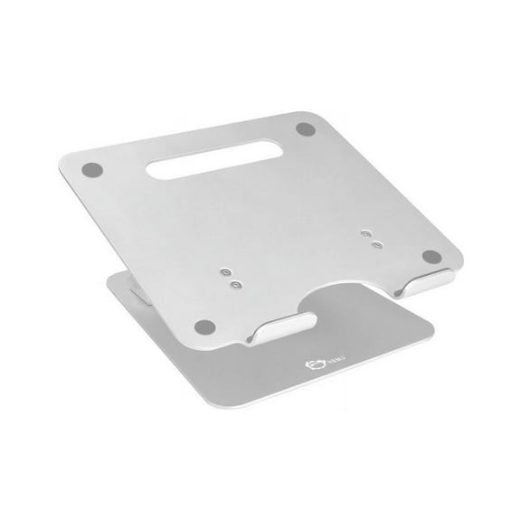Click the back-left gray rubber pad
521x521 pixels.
[91, 168]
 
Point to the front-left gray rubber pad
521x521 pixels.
[204, 327]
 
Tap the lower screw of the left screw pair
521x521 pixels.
[235, 284]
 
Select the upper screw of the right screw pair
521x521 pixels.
[365, 232]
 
